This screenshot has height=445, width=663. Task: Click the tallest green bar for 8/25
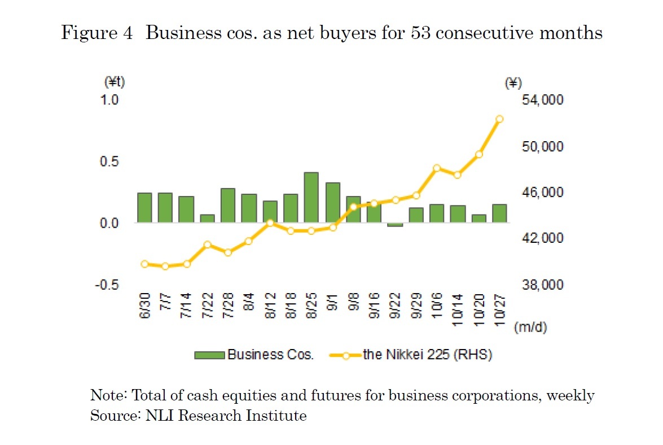pos(311,198)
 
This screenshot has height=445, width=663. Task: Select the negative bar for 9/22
pos(395,225)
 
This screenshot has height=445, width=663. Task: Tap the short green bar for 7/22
pos(207,219)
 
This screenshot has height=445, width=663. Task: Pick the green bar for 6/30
pos(144,208)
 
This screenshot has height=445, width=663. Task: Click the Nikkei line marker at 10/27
pos(499,119)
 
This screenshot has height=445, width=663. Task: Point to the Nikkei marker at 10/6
pos(437,168)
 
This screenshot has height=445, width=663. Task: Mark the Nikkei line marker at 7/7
pos(165,266)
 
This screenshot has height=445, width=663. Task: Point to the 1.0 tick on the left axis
pos(111,100)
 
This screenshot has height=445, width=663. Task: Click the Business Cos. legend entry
pos(253,355)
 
